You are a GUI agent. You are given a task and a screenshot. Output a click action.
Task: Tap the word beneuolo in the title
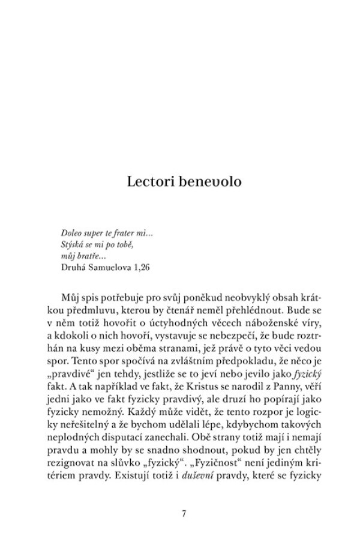click(x=211, y=181)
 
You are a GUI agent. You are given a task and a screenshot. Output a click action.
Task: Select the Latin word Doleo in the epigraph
click(x=73, y=233)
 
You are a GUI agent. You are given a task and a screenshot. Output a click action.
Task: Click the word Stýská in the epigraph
click(x=74, y=244)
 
